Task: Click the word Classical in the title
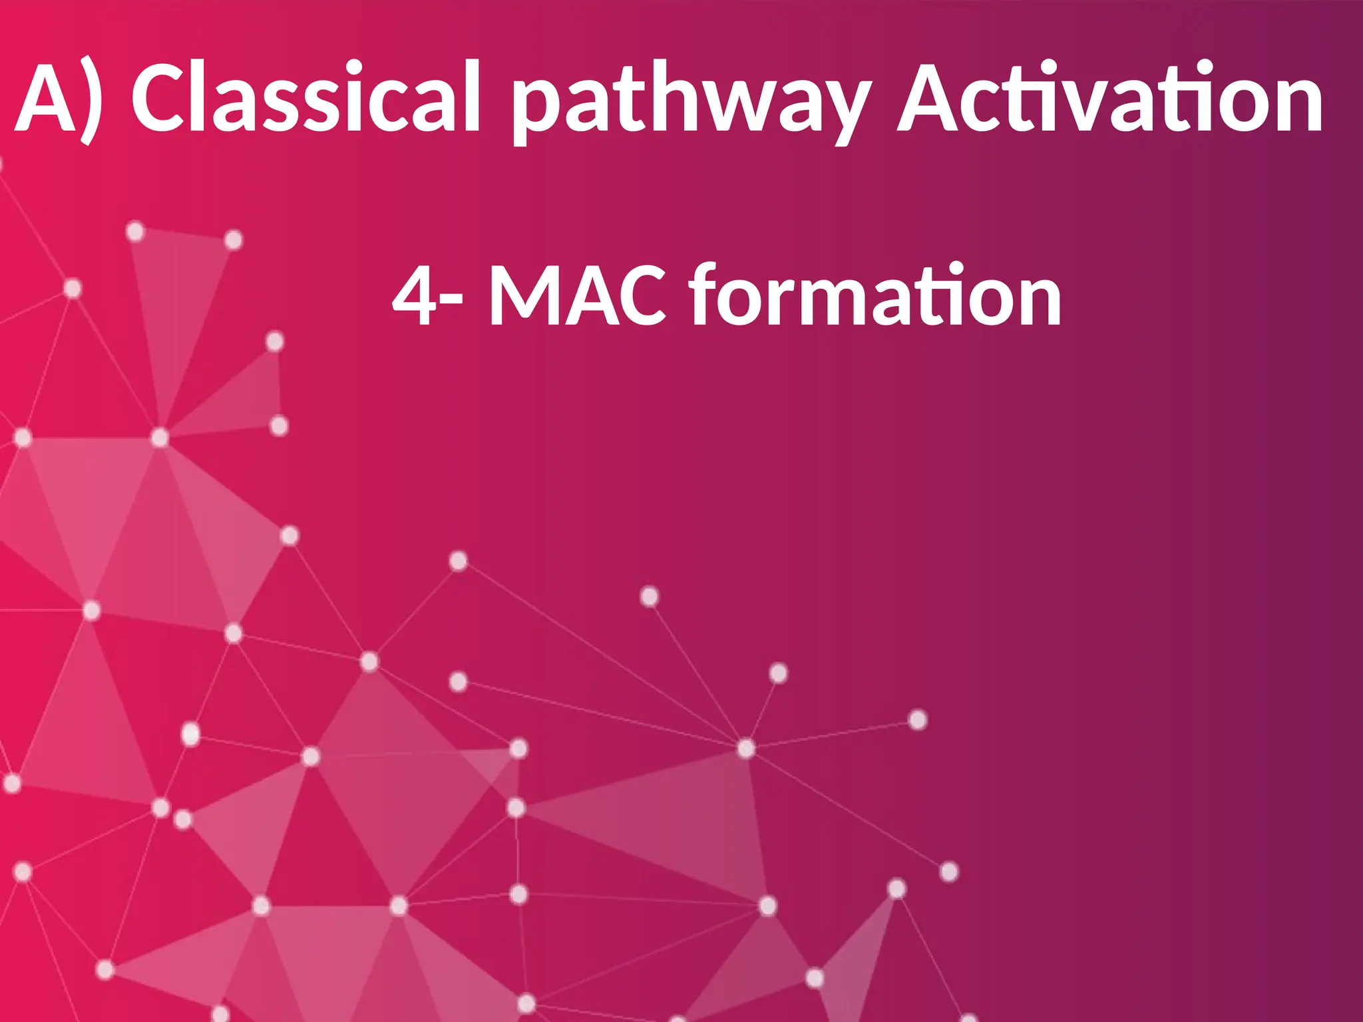[305, 98]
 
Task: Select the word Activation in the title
[1109, 98]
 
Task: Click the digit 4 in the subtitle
[415, 295]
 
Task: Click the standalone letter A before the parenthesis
[45, 98]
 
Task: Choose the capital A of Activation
[935, 98]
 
